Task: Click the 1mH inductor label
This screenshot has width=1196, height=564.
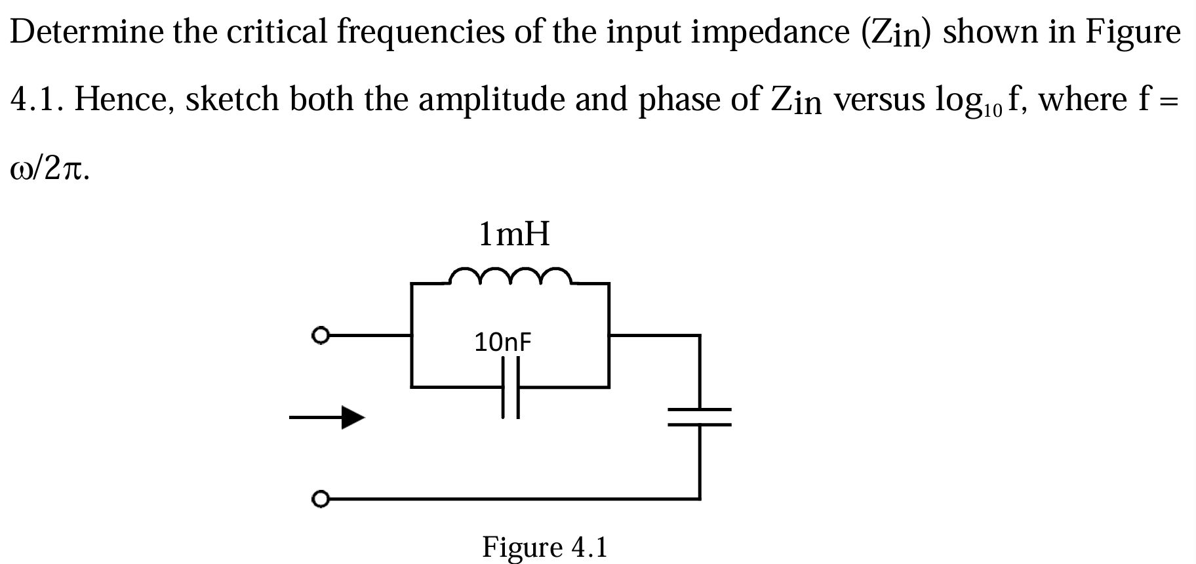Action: (x=514, y=234)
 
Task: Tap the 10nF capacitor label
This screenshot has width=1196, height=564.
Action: (x=502, y=342)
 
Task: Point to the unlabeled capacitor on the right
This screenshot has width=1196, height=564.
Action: (x=700, y=417)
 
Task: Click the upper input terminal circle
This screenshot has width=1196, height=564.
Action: (x=320, y=336)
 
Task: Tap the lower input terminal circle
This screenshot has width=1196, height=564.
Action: (x=320, y=499)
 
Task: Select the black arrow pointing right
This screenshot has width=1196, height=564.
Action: (x=328, y=416)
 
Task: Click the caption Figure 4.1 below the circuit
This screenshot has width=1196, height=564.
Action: (x=545, y=546)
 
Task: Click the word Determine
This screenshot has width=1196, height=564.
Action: (x=87, y=31)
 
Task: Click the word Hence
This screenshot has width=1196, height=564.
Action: (x=124, y=100)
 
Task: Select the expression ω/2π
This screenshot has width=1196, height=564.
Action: (x=47, y=169)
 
